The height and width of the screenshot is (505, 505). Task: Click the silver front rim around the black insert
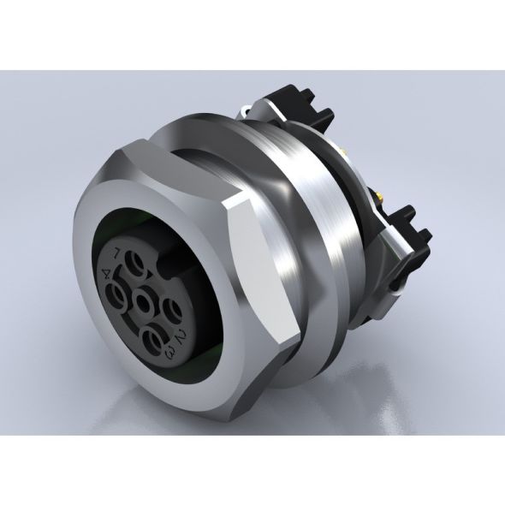(94, 342)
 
